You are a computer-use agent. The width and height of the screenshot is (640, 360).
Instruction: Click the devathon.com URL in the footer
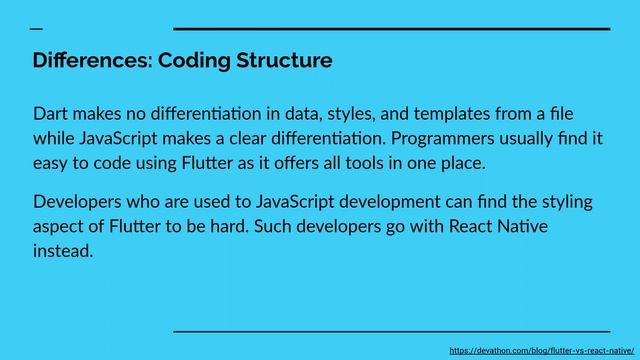[542, 350]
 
